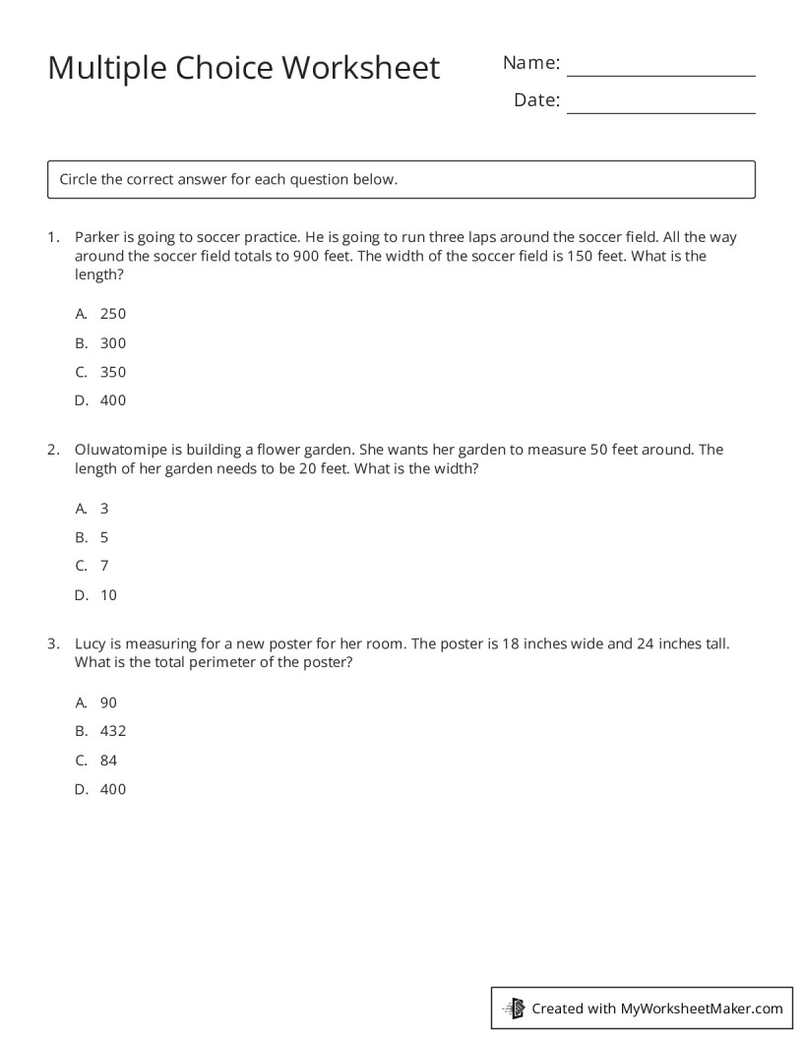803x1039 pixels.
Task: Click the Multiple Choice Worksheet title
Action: pos(243,68)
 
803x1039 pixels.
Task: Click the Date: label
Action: pos(536,100)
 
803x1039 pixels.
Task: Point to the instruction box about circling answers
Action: pos(401,179)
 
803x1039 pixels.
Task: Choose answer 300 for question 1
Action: pos(112,343)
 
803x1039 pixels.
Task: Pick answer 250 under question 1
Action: pos(112,314)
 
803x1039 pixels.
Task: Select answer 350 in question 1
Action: pos(112,372)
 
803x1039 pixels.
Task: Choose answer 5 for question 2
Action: pos(104,537)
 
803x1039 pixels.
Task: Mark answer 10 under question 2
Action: pos(108,595)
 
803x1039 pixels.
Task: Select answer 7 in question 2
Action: pos(104,566)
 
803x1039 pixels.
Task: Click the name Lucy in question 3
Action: pos(91,644)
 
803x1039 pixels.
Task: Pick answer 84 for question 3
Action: pos(108,761)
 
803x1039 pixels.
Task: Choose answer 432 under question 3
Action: pos(112,731)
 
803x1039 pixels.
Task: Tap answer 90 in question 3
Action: pos(108,703)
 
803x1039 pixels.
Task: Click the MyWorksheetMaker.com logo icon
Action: pos(514,1008)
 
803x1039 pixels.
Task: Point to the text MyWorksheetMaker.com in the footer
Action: pos(701,1008)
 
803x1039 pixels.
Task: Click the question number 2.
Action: pos(53,450)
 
